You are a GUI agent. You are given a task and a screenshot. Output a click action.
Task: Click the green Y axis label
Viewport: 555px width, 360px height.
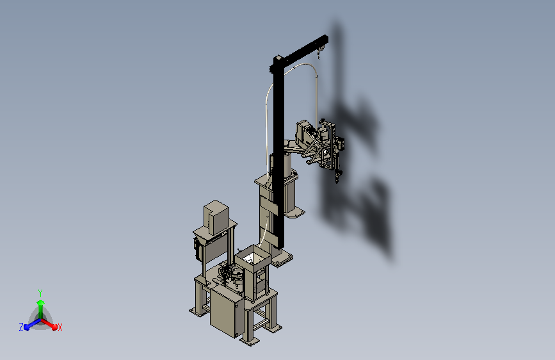coord(40,293)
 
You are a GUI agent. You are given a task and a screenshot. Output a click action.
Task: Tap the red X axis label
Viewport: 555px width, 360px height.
coord(60,327)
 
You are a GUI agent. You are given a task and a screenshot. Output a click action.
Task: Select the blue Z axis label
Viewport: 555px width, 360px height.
coord(21,327)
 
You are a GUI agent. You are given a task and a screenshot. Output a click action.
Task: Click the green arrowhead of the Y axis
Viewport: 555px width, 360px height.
coord(40,302)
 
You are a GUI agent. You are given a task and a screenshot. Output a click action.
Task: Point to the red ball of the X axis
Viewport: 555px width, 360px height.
coord(54,327)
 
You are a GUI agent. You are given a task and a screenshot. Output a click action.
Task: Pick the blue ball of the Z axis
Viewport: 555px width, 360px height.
coord(27,327)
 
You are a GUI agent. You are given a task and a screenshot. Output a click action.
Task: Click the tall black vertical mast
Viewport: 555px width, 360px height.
coord(278,152)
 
